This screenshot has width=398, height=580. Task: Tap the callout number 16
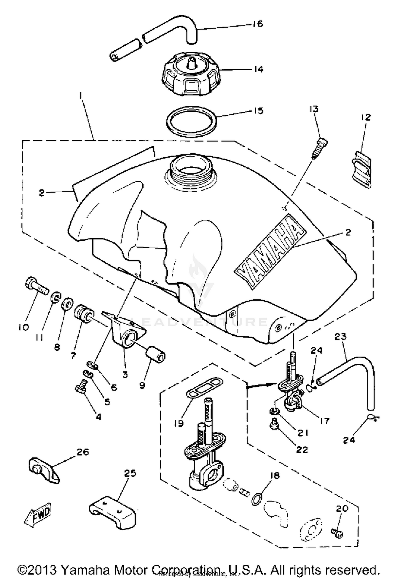coord(257,24)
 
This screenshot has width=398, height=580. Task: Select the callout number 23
coord(341,337)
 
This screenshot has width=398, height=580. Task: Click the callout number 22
coord(302,449)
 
